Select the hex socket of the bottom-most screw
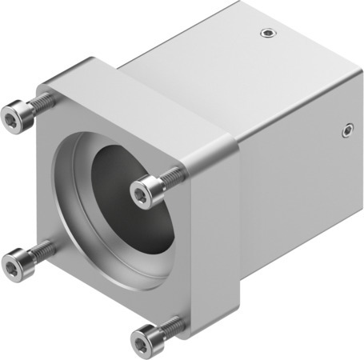pyautogui.click(x=141, y=342)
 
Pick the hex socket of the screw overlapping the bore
pyautogui.click(x=141, y=192)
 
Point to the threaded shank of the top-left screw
pyautogui.click(x=44, y=102)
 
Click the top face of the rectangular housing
pyautogui.click(x=232, y=64)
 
